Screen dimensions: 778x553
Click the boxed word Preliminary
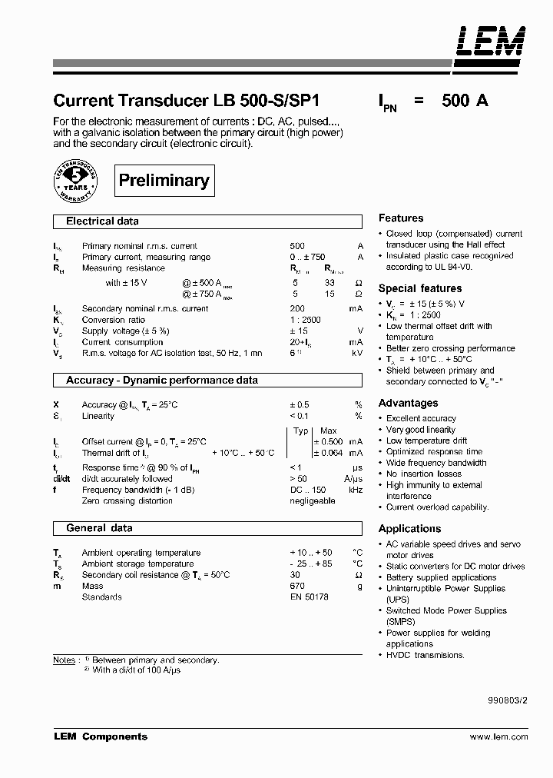(x=164, y=181)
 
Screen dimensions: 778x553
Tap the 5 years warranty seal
(x=76, y=181)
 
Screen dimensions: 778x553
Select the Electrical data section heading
(x=102, y=221)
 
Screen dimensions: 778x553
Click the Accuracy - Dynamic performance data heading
(x=161, y=381)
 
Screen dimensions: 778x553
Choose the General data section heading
(x=99, y=528)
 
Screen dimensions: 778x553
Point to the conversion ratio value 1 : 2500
(x=305, y=320)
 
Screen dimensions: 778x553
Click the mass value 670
(x=297, y=586)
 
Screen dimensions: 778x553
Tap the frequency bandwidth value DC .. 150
(x=308, y=490)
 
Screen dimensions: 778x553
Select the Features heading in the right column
(x=400, y=218)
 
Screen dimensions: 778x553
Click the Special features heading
(x=420, y=288)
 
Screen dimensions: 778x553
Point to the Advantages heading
(x=408, y=403)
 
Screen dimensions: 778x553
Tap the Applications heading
(x=409, y=529)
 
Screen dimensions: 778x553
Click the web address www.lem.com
(x=498, y=736)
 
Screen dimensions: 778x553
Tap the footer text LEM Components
(x=100, y=736)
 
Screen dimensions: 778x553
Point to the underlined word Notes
(x=64, y=660)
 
